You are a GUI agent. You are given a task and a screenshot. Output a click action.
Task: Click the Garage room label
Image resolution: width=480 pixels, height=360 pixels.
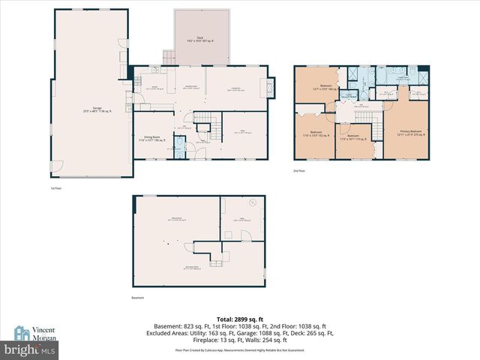(97, 109)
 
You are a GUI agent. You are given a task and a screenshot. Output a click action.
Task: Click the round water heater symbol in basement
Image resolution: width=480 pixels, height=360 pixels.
(253, 202)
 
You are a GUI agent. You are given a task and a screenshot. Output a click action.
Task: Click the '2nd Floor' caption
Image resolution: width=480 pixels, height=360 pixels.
(300, 170)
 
